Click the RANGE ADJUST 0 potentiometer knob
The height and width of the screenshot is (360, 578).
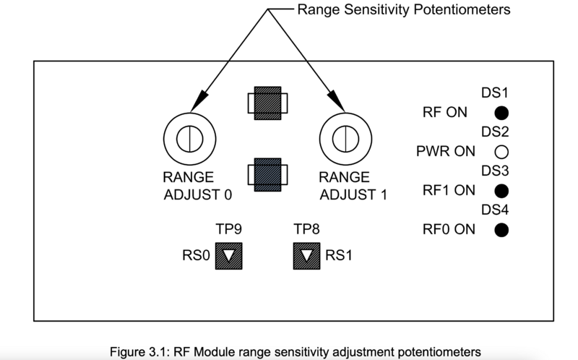click(x=190, y=139)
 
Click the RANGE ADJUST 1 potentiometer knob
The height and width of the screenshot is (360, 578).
click(x=345, y=139)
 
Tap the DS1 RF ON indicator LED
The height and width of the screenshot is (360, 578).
click(x=501, y=113)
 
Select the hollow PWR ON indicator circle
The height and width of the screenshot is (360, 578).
click(x=501, y=152)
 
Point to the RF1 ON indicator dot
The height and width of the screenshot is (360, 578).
click(x=501, y=191)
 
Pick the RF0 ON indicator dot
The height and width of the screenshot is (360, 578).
click(x=501, y=230)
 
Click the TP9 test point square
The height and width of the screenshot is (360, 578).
click(x=229, y=256)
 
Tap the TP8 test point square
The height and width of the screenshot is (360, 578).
click(x=306, y=256)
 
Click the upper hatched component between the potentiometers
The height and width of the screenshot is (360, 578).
click(x=267, y=103)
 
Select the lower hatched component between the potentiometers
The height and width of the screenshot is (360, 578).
click(x=267, y=175)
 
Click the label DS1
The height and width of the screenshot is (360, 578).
click(x=495, y=93)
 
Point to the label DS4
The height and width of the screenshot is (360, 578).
click(x=495, y=210)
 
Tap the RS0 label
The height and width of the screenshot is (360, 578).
click(x=196, y=255)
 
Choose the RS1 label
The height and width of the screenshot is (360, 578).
click(x=339, y=255)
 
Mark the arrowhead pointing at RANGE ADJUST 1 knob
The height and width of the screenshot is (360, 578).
click(x=337, y=101)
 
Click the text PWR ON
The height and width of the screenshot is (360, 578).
click(x=446, y=151)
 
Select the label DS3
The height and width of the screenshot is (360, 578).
click(x=495, y=171)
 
